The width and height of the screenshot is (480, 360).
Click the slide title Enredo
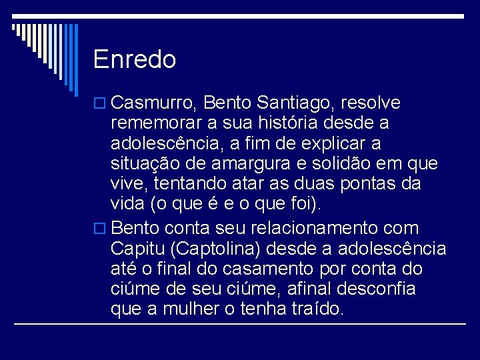tap(135, 60)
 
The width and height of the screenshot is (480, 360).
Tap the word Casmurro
tap(153, 103)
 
